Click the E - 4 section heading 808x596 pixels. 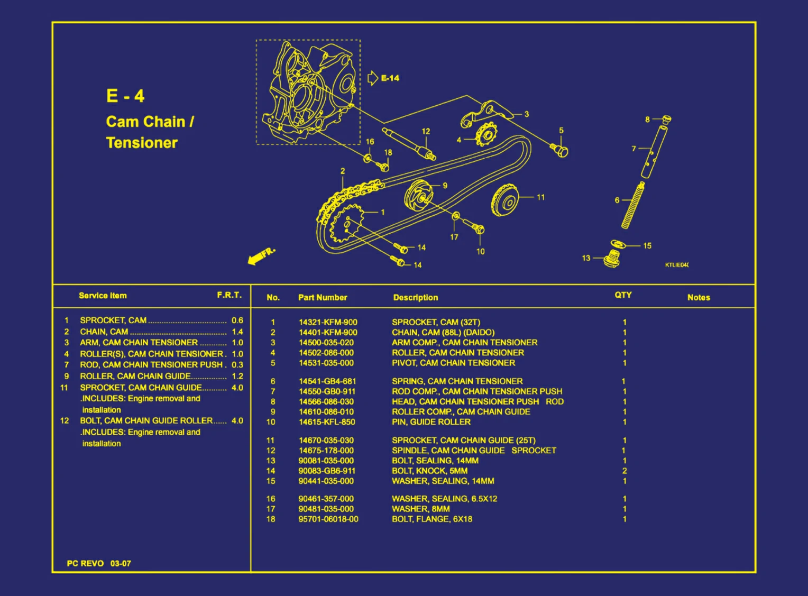125,96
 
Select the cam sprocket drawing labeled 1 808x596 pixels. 346,226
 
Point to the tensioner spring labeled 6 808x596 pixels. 633,205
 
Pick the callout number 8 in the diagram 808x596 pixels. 647,120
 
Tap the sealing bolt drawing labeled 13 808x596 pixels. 612,259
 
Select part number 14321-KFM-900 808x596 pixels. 328,322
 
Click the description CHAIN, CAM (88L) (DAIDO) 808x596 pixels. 443,333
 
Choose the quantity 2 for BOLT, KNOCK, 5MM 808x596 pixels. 625,471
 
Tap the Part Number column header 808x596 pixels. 323,298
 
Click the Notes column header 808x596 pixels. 699,298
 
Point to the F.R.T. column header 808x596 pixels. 229,295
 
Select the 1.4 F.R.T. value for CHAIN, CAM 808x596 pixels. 237,332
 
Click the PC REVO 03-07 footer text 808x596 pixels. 99,564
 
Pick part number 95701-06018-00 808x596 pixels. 328,519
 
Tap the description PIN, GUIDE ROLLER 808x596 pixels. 431,422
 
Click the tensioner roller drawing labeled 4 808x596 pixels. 485,135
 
